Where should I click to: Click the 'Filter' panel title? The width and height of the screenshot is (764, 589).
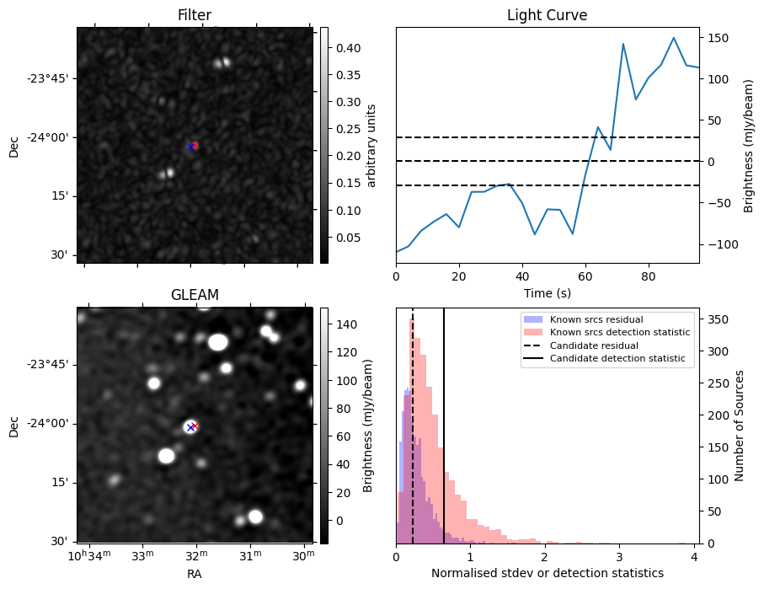tap(194, 15)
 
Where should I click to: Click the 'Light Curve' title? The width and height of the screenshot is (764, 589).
tap(547, 15)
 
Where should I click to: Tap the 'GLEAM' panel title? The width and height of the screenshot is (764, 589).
tap(194, 295)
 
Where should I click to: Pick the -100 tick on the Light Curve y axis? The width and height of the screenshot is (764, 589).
tap(717, 244)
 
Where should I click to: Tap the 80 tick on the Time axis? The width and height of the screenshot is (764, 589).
tap(648, 276)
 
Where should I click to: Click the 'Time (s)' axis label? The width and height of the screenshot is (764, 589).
tap(547, 292)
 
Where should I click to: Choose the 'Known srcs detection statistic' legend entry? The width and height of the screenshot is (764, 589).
tap(619, 333)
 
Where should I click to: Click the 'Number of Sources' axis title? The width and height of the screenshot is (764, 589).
tap(740, 425)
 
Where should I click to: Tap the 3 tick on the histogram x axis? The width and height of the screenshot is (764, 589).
tap(619, 556)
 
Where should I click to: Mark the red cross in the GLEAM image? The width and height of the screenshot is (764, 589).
tap(195, 426)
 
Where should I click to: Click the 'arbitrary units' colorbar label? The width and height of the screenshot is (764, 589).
tap(371, 145)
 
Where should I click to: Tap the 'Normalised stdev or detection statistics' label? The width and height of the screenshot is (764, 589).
tap(547, 573)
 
